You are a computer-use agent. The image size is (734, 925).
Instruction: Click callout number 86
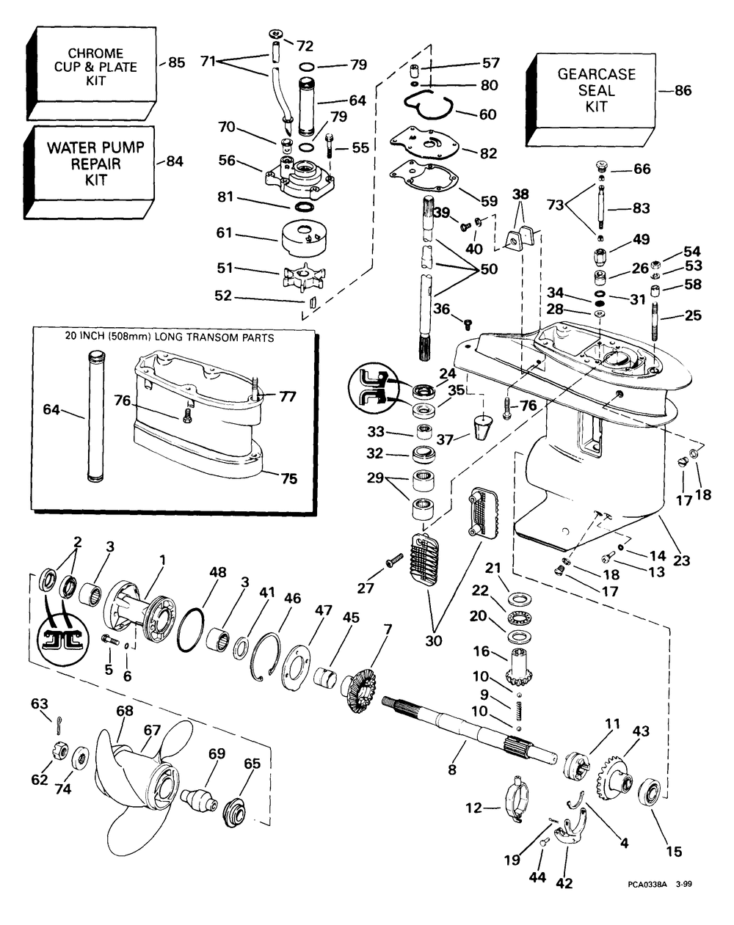click(x=683, y=91)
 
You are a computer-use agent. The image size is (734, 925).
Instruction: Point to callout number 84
click(x=175, y=161)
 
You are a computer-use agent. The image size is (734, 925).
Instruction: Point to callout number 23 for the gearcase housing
click(x=682, y=561)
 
